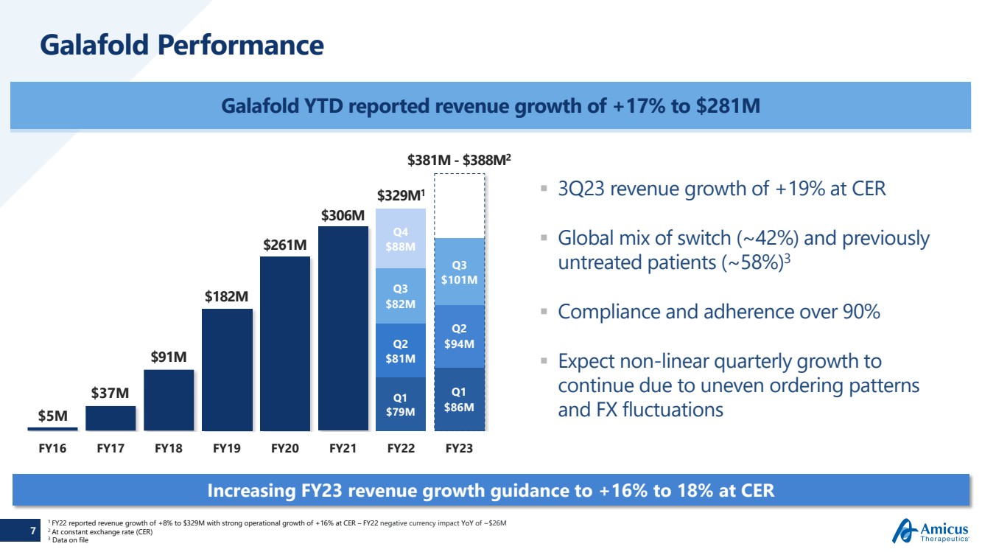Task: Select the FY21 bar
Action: coord(343,328)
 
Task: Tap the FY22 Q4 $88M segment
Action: coord(401,238)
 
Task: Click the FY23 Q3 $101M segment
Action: coord(459,271)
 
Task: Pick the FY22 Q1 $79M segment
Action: coord(401,404)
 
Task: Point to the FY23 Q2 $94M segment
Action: coord(459,336)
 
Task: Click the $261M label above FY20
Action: coord(285,244)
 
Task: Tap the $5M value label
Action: coord(52,416)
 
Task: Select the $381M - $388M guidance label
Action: coord(459,160)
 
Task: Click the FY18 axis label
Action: coord(169,447)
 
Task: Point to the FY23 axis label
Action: coord(459,447)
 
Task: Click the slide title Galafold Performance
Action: coord(182,45)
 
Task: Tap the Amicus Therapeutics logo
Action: coord(932,530)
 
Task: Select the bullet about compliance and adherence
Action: coord(718,312)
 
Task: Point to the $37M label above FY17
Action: coord(110,394)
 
